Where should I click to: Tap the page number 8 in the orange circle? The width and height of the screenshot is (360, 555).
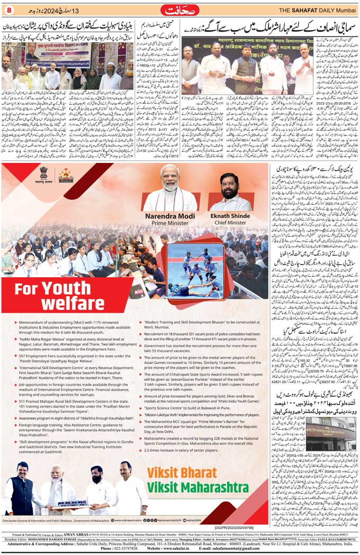tap(8, 10)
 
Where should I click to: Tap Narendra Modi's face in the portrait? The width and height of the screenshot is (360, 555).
tap(170, 178)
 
